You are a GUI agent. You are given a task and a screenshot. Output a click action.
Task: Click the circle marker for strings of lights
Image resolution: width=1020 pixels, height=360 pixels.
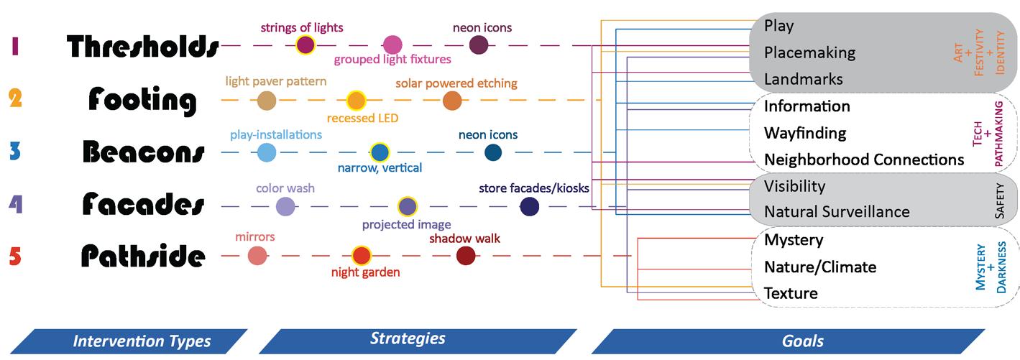305,45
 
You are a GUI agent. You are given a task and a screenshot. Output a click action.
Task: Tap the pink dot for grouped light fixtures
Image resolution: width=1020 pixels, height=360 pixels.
392,45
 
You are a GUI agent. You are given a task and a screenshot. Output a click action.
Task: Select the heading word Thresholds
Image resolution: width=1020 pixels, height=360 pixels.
143,46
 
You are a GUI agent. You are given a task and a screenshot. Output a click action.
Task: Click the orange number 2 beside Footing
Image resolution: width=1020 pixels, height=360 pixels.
14,98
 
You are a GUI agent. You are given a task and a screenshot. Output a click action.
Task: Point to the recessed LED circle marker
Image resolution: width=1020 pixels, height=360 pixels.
357,101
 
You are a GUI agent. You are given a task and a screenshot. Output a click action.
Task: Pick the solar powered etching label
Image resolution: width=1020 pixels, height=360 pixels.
456,83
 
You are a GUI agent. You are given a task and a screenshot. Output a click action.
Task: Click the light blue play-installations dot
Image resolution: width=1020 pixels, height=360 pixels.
267,152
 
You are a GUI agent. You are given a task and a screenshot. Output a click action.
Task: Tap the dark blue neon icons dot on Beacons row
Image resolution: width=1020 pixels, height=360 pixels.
492,152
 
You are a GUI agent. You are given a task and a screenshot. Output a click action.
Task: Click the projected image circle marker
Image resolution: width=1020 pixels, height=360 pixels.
408,206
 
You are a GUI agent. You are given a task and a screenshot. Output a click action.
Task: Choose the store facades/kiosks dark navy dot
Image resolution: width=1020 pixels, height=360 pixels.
530,207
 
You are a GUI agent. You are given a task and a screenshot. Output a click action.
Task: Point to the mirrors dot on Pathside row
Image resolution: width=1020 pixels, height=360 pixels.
257,255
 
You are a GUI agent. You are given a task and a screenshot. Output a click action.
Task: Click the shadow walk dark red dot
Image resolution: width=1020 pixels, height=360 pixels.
466,255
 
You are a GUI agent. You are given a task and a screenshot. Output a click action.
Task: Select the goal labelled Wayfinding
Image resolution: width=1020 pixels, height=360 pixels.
804,133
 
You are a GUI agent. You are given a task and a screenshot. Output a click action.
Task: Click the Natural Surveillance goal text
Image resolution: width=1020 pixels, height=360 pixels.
837,212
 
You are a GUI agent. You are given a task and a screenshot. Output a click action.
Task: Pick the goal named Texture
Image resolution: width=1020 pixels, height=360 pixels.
791,293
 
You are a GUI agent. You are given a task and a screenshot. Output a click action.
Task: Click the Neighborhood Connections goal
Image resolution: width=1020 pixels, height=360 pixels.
863,159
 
